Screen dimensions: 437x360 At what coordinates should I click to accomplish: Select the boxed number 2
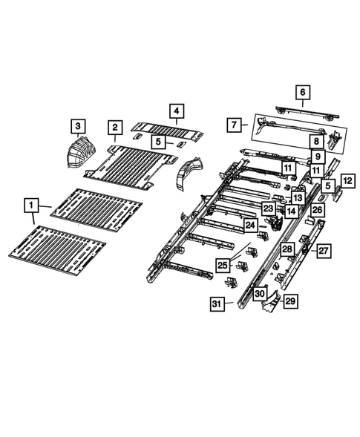[x=114, y=128]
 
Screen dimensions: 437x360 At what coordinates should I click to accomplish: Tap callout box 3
[x=78, y=125]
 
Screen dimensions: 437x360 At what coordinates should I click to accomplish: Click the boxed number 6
[x=302, y=92]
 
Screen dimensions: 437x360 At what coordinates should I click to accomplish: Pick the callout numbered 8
[x=315, y=141]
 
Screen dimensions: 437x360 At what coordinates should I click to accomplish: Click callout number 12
[x=348, y=180]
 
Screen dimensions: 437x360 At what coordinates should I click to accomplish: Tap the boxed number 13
[x=297, y=197]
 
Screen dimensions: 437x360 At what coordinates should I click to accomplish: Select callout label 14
[x=292, y=211]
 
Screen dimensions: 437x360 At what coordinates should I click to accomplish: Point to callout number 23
[x=268, y=208]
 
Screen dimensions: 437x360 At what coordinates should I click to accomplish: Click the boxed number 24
[x=251, y=224]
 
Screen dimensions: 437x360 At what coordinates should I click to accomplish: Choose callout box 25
[x=223, y=265]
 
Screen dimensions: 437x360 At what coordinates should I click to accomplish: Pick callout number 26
[x=317, y=211]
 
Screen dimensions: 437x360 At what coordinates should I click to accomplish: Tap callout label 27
[x=324, y=251]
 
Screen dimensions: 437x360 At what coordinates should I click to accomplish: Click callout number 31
[x=217, y=303]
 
